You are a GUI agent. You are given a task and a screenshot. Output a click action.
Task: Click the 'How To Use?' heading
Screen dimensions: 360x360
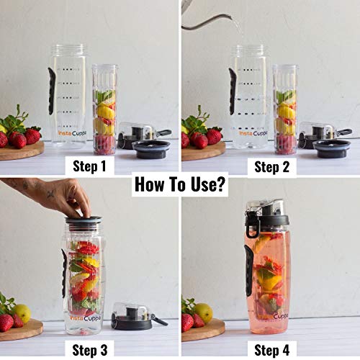(x=180, y=185)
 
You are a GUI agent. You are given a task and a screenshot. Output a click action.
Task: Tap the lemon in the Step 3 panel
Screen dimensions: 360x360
(x=22, y=313)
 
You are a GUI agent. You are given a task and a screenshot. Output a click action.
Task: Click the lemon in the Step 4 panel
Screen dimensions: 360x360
(x=204, y=312)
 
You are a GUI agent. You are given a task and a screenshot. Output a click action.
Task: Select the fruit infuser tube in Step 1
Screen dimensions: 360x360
(x=104, y=108)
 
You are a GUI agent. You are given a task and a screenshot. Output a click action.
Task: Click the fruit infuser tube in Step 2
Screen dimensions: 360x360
(x=286, y=108)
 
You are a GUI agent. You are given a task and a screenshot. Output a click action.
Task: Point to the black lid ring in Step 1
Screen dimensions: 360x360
(x=151, y=148)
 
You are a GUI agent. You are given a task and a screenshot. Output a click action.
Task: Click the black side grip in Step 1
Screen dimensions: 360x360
(x=51, y=90)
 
